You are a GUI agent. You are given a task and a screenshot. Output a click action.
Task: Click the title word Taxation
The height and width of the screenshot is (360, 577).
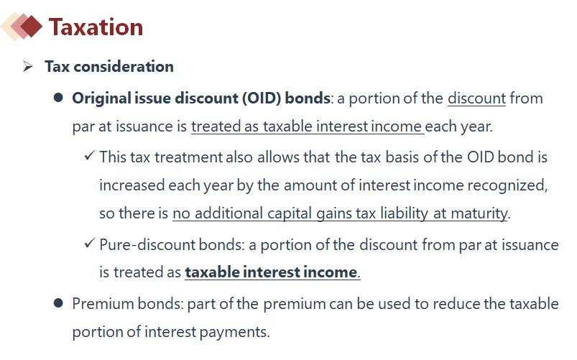click(x=96, y=27)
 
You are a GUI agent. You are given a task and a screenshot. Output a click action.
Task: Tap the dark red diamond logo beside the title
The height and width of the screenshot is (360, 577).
click(x=31, y=26)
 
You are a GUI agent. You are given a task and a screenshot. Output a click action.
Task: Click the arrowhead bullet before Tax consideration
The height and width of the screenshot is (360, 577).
click(x=27, y=67)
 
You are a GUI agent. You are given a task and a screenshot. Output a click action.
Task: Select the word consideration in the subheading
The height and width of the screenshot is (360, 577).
click(x=124, y=67)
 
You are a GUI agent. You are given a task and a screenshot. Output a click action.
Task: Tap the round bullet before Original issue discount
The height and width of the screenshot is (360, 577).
click(x=58, y=98)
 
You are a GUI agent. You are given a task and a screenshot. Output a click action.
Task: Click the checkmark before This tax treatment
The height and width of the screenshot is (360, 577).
click(x=89, y=155)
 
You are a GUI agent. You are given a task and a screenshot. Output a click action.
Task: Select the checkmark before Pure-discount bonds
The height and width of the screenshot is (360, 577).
click(x=89, y=243)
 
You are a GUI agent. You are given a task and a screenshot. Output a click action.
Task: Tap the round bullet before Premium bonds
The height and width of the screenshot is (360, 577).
click(x=58, y=303)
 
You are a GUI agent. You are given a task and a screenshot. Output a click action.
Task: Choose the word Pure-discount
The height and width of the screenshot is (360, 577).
click(x=147, y=245)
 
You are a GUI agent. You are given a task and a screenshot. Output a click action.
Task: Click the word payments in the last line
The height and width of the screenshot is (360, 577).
click(x=234, y=332)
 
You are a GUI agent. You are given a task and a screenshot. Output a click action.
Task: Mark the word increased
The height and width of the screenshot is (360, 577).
click(x=131, y=185)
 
